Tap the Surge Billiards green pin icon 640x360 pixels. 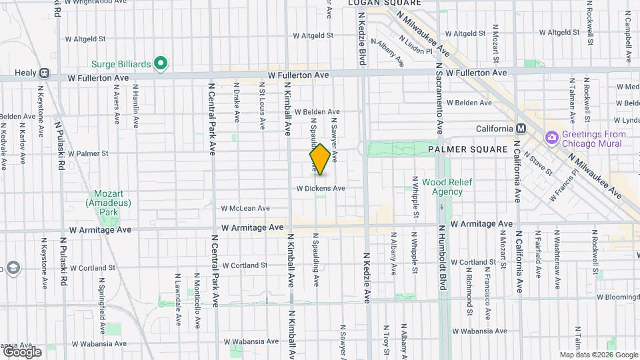pos(160,64)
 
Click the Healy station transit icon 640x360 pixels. pos(44,73)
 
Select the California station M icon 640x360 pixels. pos(521,129)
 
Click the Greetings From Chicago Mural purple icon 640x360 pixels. pos(551,138)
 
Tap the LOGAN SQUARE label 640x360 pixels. pos(385,3)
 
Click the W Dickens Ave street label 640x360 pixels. pos(321,189)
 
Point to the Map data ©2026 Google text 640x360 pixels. pos(598,355)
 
